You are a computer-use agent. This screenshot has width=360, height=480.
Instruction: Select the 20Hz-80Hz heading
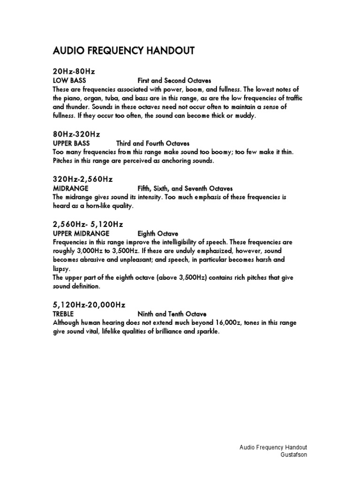point(74,72)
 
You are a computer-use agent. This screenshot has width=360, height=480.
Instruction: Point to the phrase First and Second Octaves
point(174,81)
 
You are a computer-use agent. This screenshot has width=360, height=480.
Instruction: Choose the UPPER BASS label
point(71,143)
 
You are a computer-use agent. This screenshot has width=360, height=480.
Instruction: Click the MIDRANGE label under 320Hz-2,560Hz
point(71,188)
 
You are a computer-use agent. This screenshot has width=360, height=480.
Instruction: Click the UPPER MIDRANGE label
point(81,233)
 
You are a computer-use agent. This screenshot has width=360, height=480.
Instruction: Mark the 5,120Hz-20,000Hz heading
point(89,305)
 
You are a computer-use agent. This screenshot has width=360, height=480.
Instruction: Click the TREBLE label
point(63,314)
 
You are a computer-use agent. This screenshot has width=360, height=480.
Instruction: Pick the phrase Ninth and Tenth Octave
point(172,314)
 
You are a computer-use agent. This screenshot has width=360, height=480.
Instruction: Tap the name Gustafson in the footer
point(293,455)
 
